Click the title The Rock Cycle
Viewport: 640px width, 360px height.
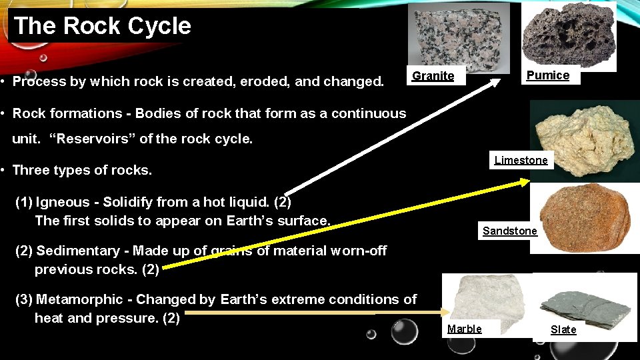102,26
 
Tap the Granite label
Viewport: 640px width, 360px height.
433,76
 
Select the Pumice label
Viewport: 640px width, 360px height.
548,75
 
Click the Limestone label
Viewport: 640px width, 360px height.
521,160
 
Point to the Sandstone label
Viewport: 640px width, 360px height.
509,231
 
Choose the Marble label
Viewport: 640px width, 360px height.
464,329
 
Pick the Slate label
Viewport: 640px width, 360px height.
563,329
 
